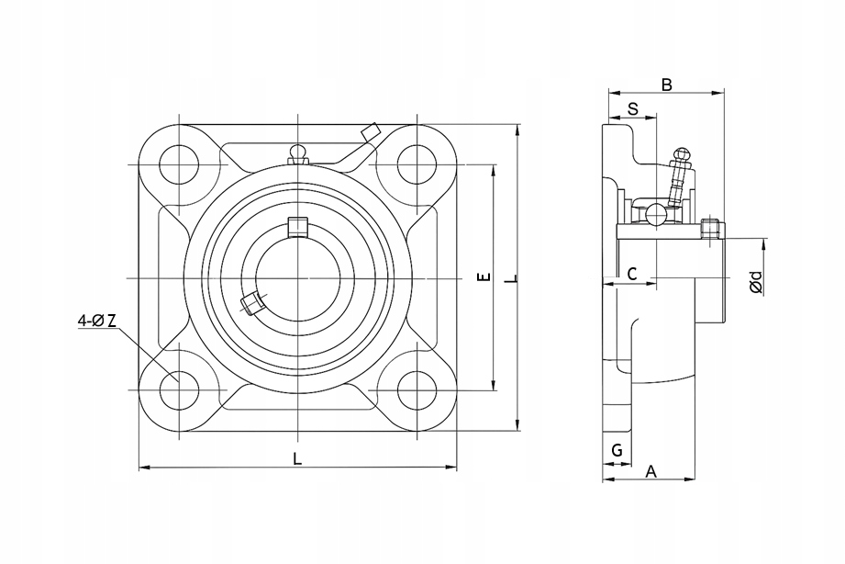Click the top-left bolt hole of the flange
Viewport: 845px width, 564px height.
point(179,164)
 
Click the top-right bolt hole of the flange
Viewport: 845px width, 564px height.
point(417,164)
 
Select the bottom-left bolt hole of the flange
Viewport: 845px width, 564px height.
point(179,390)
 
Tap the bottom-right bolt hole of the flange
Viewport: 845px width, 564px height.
point(417,390)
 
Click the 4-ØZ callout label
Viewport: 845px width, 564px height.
point(97,321)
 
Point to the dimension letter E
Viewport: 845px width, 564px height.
point(485,277)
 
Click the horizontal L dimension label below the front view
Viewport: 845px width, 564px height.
point(297,458)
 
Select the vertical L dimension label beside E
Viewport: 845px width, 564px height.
point(513,278)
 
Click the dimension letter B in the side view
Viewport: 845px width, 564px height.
point(667,85)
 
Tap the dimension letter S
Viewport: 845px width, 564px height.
point(633,108)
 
